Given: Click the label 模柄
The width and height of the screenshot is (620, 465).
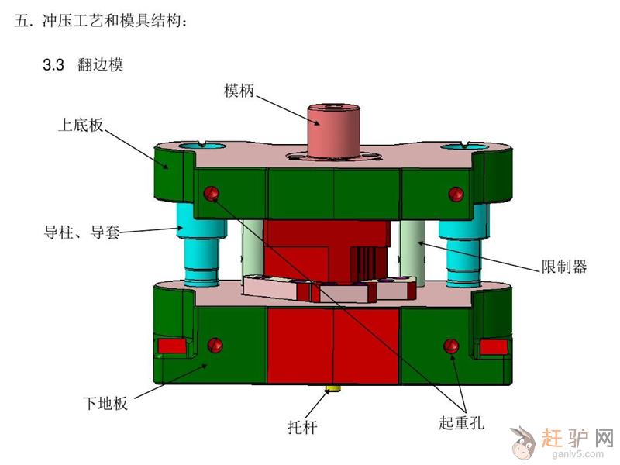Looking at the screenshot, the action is (x=239, y=91).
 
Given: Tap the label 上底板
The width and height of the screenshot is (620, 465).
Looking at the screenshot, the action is (x=81, y=125).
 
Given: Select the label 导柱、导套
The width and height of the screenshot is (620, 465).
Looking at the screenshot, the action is (x=82, y=232).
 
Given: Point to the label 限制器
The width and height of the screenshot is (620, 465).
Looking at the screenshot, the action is (x=564, y=267).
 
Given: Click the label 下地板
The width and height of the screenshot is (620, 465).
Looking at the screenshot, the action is (x=105, y=403).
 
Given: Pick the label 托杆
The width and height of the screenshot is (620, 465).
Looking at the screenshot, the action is (x=302, y=428).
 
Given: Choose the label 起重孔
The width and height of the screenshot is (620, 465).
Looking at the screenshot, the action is (x=461, y=422).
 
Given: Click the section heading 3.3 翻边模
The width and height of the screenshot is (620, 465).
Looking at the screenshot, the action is (x=83, y=64).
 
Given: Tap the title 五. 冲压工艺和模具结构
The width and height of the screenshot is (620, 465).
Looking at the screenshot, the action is (x=100, y=21).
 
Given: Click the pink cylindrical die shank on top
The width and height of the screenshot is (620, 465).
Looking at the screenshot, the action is (x=333, y=131).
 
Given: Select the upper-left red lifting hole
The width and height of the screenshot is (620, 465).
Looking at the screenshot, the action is (x=212, y=193).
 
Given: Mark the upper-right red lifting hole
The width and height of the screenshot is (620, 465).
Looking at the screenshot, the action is (x=456, y=194).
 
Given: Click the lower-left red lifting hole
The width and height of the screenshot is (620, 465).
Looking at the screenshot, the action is (x=215, y=345).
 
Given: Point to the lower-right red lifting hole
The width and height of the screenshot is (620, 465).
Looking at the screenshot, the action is (x=451, y=346).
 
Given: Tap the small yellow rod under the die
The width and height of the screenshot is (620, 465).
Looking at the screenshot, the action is (x=332, y=390).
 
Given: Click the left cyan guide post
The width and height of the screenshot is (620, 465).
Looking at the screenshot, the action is (x=201, y=244).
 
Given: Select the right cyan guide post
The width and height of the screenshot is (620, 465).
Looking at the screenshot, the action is (x=463, y=245).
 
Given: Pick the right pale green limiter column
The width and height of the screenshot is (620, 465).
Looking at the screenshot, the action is (x=412, y=253).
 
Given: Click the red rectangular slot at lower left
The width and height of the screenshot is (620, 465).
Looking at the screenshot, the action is (x=172, y=346).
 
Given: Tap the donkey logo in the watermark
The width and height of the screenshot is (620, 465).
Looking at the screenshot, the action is (x=522, y=442).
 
